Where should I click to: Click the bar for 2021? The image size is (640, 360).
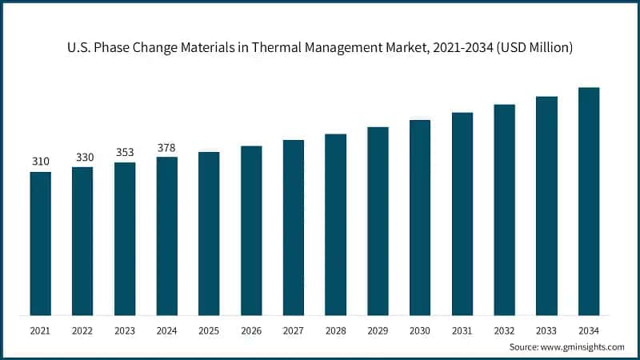[40, 243]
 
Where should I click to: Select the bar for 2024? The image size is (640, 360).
[166, 236]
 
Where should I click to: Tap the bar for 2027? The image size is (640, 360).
[293, 227]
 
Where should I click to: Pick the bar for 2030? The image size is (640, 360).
[420, 218]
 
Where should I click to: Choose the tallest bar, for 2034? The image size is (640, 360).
[589, 201]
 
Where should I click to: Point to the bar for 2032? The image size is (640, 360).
[504, 210]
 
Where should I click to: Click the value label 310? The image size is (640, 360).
[40, 162]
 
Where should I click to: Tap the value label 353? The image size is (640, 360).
[124, 152]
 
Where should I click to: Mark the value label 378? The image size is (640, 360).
[166, 147]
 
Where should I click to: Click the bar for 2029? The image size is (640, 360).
[378, 221]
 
